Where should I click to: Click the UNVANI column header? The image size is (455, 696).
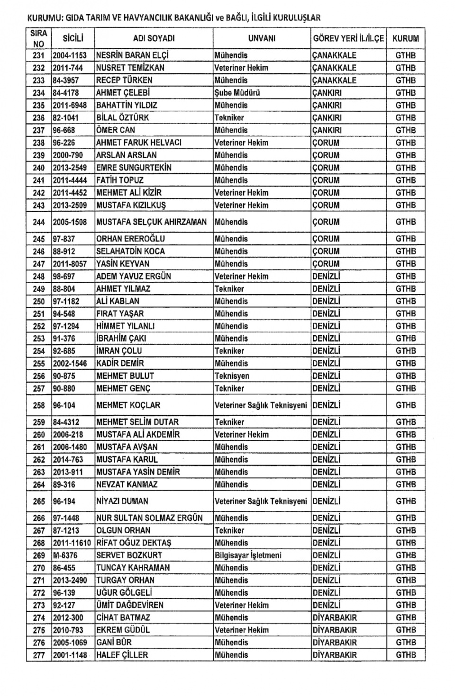point(261,38)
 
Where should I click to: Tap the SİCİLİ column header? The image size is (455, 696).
point(73,38)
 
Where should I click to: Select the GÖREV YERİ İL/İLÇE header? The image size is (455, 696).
point(348,38)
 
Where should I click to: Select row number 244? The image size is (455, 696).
point(39,222)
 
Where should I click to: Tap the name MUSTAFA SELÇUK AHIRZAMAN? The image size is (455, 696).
point(152,222)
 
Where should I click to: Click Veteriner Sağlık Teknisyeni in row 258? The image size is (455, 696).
point(261,405)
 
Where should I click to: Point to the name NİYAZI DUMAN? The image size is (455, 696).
point(122,501)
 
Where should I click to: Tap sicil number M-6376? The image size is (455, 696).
point(65,555)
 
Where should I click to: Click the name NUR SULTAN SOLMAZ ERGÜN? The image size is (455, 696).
point(149,518)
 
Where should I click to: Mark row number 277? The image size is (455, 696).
point(39,655)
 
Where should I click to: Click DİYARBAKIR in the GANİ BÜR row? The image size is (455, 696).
point(335,642)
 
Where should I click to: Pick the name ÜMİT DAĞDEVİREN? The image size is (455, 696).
point(130,605)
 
